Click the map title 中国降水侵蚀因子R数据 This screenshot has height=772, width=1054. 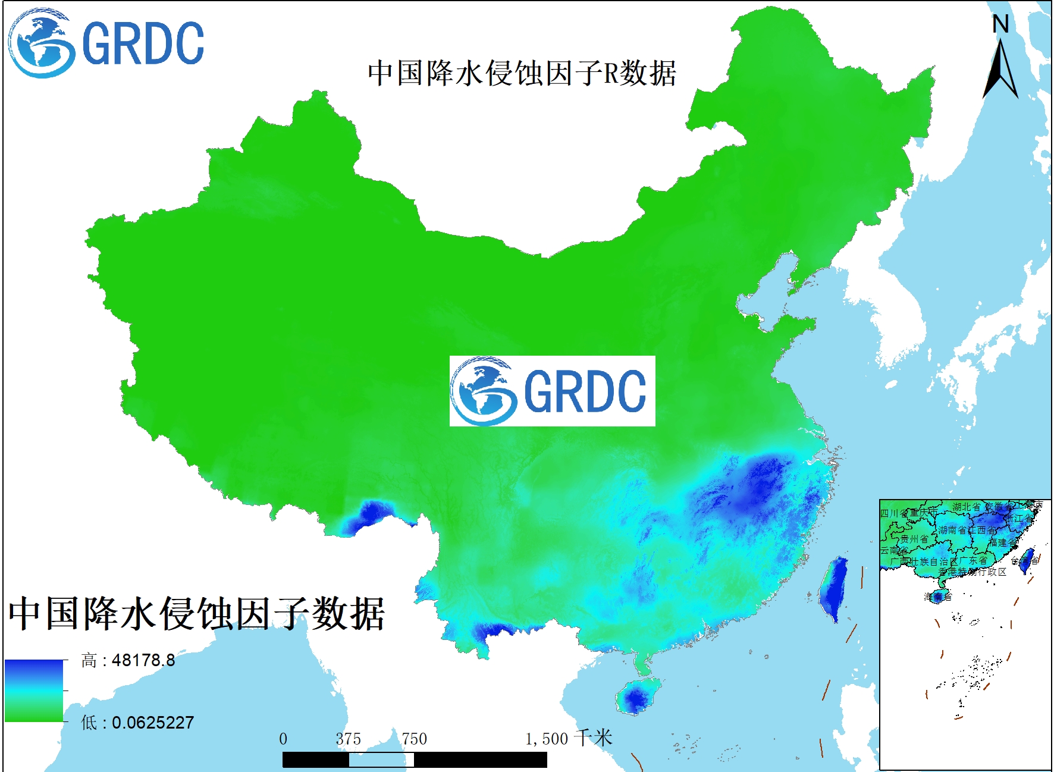(x=522, y=73)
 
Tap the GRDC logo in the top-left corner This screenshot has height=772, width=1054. (x=106, y=43)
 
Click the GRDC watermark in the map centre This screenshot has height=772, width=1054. (x=552, y=391)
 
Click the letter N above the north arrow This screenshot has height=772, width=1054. (x=1000, y=24)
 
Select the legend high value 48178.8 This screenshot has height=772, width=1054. (x=143, y=660)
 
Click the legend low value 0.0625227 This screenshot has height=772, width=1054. (x=153, y=723)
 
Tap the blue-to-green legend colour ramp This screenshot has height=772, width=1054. (x=34, y=691)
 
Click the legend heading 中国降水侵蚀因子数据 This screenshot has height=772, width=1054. (x=196, y=613)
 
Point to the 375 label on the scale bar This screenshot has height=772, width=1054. (x=348, y=739)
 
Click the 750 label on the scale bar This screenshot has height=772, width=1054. (x=414, y=739)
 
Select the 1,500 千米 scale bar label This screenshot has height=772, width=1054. (x=568, y=739)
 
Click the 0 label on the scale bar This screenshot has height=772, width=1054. (x=283, y=739)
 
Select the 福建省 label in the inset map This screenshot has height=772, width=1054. (x=1003, y=542)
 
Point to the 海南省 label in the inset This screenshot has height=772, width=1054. (x=938, y=597)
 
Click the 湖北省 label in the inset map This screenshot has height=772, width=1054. (x=966, y=507)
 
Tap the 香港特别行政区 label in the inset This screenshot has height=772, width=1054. (x=973, y=572)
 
